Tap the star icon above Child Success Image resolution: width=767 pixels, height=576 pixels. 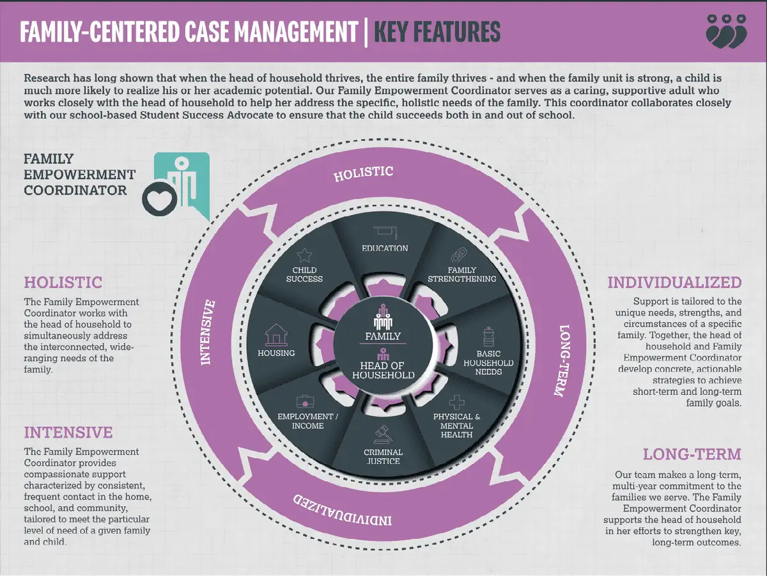(x=305, y=255)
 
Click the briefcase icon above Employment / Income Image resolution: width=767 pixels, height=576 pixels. (x=306, y=401)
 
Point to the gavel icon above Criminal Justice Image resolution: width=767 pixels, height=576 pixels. (x=382, y=435)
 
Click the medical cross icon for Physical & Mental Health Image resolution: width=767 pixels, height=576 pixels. (x=456, y=402)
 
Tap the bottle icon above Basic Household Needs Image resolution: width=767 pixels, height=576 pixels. (x=488, y=335)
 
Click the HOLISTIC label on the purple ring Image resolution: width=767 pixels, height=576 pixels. (x=363, y=173)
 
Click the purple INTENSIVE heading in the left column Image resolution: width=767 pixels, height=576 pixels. (x=68, y=433)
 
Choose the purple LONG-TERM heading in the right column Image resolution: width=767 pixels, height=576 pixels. (x=692, y=454)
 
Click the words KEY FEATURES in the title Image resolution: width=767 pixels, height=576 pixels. (x=437, y=31)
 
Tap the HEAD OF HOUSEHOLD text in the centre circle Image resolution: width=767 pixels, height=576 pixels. (x=383, y=370)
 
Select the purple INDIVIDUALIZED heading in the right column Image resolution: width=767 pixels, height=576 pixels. (x=674, y=282)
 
